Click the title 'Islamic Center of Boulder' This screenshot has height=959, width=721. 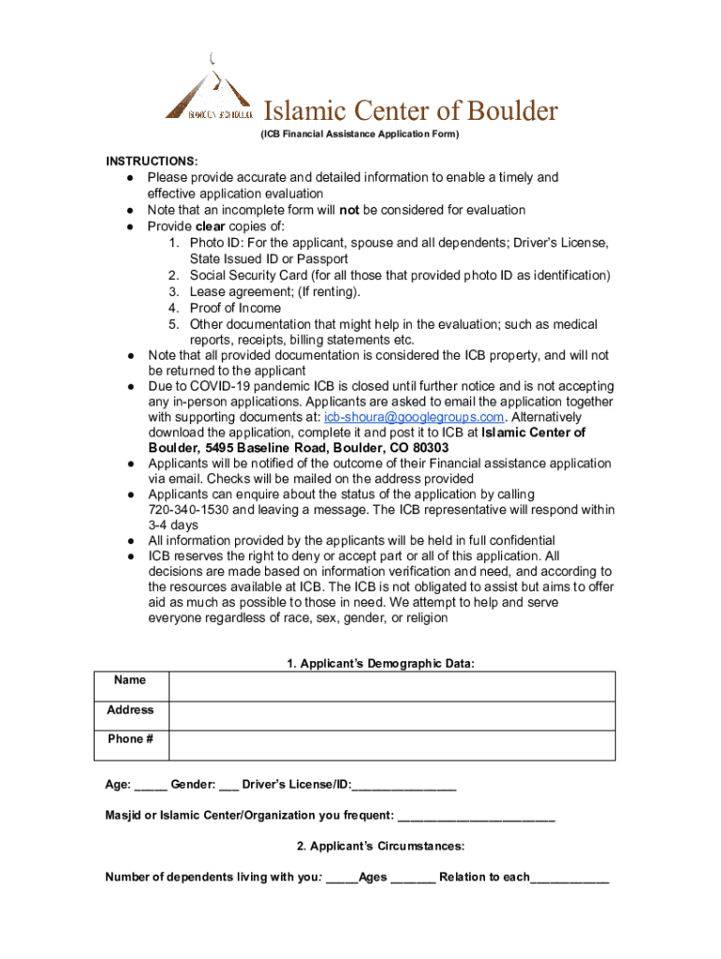click(x=409, y=111)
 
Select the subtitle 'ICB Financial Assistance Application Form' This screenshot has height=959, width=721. click(x=360, y=135)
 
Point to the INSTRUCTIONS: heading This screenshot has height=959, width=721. click(x=151, y=161)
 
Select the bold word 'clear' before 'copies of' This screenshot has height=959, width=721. click(x=212, y=227)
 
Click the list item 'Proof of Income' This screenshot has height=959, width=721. click(x=235, y=308)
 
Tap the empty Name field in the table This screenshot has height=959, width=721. click(x=391, y=686)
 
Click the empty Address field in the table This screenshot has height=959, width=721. click(x=391, y=716)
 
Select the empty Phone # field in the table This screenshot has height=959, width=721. click(x=391, y=745)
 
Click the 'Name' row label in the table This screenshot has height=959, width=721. click(x=130, y=680)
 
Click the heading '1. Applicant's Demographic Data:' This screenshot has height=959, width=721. click(x=381, y=664)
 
